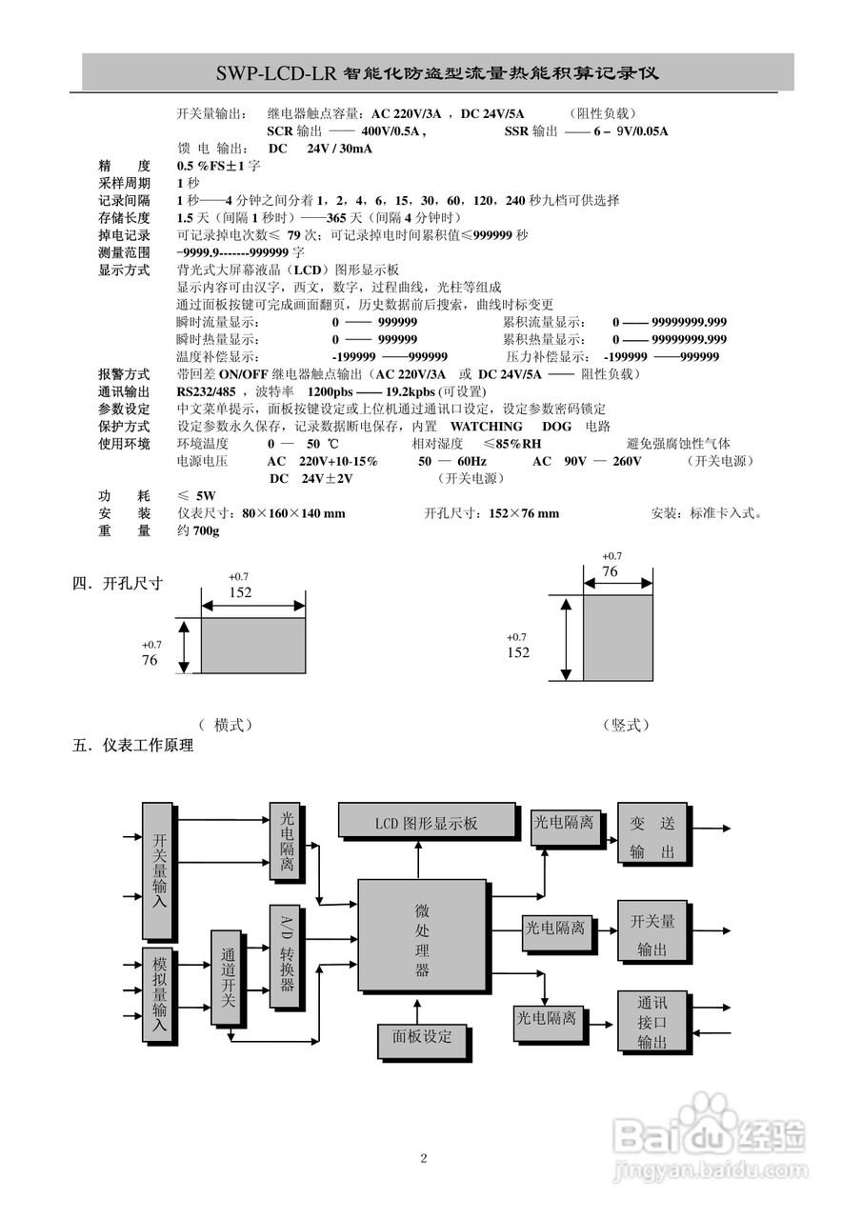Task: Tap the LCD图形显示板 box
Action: (x=425, y=822)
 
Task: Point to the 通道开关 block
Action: (x=227, y=976)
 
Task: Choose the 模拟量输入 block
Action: (x=160, y=996)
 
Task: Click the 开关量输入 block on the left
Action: (x=160, y=869)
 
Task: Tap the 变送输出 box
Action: (x=652, y=834)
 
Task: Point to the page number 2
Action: (x=424, y=1158)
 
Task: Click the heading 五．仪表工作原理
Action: (x=133, y=746)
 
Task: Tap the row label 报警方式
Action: (x=124, y=374)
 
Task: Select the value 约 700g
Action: (x=198, y=530)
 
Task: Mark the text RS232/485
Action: (x=207, y=391)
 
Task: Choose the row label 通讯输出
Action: (x=124, y=391)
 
